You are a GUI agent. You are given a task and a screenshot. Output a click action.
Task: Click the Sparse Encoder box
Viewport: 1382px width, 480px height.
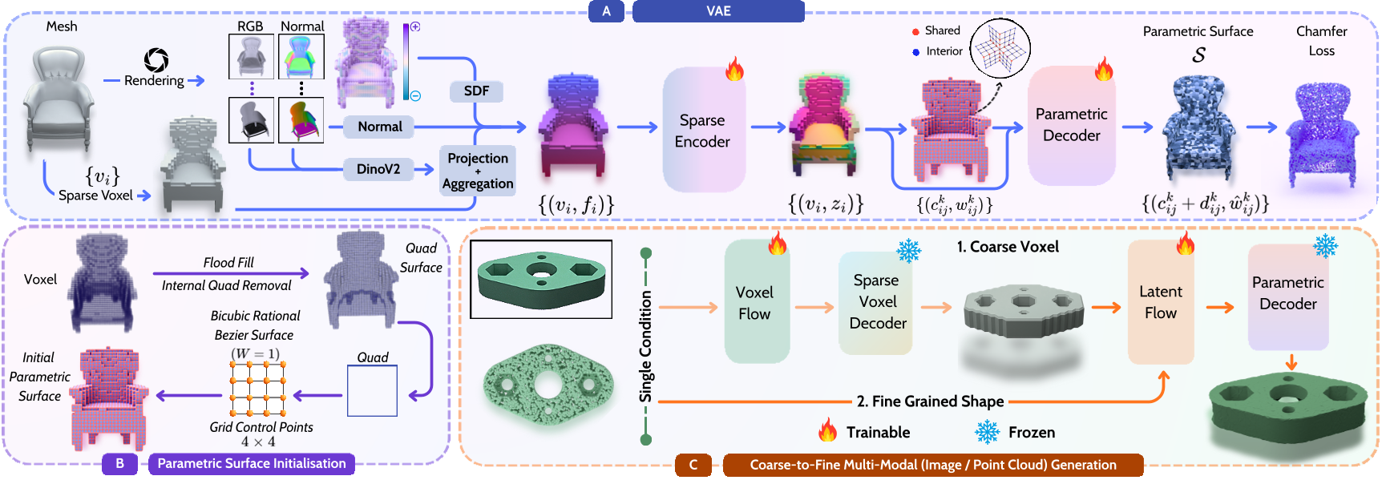[703, 130]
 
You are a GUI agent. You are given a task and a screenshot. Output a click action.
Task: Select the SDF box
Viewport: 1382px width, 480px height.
[476, 91]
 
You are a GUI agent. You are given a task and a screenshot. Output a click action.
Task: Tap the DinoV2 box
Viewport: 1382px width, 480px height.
[378, 169]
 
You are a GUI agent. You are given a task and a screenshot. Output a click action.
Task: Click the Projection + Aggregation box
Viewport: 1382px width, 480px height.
[478, 170]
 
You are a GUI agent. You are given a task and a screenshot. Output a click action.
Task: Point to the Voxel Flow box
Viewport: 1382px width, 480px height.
[755, 303]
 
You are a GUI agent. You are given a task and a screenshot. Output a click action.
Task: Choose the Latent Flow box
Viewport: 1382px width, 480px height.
[1161, 303]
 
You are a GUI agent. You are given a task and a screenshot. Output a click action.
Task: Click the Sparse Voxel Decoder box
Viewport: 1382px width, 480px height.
[876, 302]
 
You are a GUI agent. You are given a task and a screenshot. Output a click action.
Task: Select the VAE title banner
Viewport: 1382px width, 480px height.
[718, 11]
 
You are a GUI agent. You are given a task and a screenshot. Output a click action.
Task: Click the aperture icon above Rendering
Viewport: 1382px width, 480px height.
[156, 60]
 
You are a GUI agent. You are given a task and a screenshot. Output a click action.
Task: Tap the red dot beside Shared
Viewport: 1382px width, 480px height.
[915, 32]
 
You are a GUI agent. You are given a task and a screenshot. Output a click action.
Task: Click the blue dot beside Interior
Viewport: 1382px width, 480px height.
[915, 52]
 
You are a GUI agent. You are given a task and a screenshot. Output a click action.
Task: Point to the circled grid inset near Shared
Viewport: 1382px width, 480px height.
[1000, 47]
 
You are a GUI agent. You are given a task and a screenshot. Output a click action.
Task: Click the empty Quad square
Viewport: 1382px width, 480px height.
[372, 390]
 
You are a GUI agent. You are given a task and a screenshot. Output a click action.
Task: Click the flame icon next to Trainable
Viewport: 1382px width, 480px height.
[827, 431]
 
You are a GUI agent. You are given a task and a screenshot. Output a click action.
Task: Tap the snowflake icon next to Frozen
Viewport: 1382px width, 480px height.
[987, 432]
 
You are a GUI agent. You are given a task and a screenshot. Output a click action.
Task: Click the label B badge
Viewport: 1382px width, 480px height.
[119, 463]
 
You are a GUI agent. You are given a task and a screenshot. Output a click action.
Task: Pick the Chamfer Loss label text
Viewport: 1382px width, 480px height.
[1321, 41]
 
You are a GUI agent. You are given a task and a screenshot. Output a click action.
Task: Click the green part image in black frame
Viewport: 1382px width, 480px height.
[541, 279]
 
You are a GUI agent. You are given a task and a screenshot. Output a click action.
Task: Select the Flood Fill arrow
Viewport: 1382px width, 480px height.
[230, 273]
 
